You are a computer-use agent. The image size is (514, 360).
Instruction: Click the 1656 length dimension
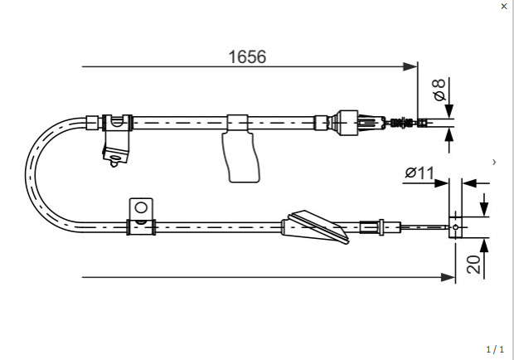[247, 56]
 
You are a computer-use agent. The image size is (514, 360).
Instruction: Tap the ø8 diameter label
[439, 90]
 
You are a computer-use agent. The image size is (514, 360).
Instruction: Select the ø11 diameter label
[419, 173]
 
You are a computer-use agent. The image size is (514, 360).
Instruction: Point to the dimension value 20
[473, 265]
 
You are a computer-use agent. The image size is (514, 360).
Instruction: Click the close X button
[504, 7]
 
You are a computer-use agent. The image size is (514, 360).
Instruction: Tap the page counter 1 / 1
[495, 349]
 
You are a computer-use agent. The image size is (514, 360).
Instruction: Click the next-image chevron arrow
[494, 162]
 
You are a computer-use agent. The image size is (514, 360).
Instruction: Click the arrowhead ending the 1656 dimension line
[410, 66]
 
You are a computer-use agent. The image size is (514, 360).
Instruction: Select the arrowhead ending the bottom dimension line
[449, 277]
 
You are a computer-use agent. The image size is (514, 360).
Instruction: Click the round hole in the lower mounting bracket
[141, 208]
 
